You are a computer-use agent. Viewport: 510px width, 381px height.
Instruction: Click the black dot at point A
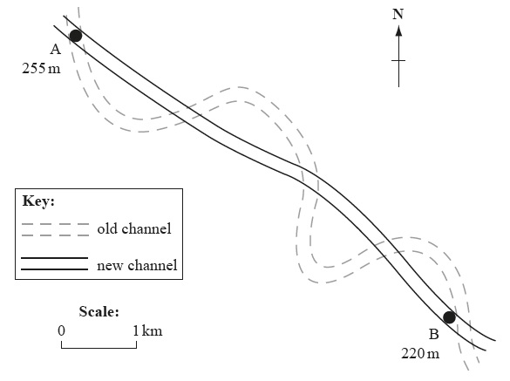[x=76, y=36]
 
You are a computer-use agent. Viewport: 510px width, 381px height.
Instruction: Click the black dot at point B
[x=449, y=317]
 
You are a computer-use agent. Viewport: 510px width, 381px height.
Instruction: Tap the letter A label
[x=55, y=50]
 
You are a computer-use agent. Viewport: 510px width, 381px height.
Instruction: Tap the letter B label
[x=434, y=335]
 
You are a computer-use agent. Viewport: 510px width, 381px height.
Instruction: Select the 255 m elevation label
[x=41, y=69]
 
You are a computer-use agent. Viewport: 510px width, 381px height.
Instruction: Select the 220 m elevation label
[x=420, y=353]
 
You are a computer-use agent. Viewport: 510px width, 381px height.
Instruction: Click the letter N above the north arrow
[x=398, y=14]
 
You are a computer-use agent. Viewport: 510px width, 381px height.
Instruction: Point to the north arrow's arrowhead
[x=398, y=31]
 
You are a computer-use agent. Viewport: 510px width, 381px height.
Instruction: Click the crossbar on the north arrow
[x=398, y=60]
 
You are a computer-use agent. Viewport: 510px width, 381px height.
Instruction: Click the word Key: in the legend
[x=38, y=201]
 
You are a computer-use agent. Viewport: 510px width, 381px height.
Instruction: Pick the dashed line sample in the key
[x=55, y=229]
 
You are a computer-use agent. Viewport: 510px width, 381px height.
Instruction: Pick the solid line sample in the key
[x=55, y=263]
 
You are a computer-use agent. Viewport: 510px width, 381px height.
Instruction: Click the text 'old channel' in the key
[x=134, y=228]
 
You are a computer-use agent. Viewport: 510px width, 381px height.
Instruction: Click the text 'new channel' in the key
[x=137, y=265]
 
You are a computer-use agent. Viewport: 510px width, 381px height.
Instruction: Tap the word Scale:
[x=99, y=311]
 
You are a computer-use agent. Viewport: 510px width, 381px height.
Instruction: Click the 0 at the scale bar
[x=62, y=330]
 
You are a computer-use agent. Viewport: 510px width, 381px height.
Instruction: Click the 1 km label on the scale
[x=147, y=330]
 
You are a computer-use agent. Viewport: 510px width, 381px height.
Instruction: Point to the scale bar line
[x=99, y=348]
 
